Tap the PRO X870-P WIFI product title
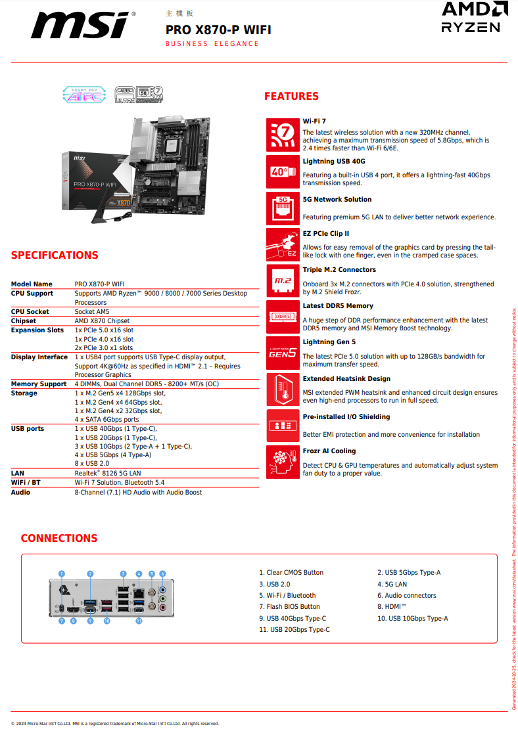point(218,30)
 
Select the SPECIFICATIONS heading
point(55,255)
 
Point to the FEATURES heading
point(291,97)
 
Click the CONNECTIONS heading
point(59,539)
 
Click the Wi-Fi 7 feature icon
point(283,135)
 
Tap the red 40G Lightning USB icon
point(283,171)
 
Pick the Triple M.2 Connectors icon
point(283,280)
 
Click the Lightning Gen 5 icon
point(283,353)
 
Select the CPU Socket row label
point(30,312)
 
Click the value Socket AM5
point(92,312)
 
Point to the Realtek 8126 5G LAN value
point(108,473)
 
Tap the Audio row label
point(20,492)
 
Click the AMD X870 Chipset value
point(102,321)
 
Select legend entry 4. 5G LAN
point(392,584)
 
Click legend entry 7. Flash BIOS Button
point(289,607)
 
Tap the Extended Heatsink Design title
point(346,379)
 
